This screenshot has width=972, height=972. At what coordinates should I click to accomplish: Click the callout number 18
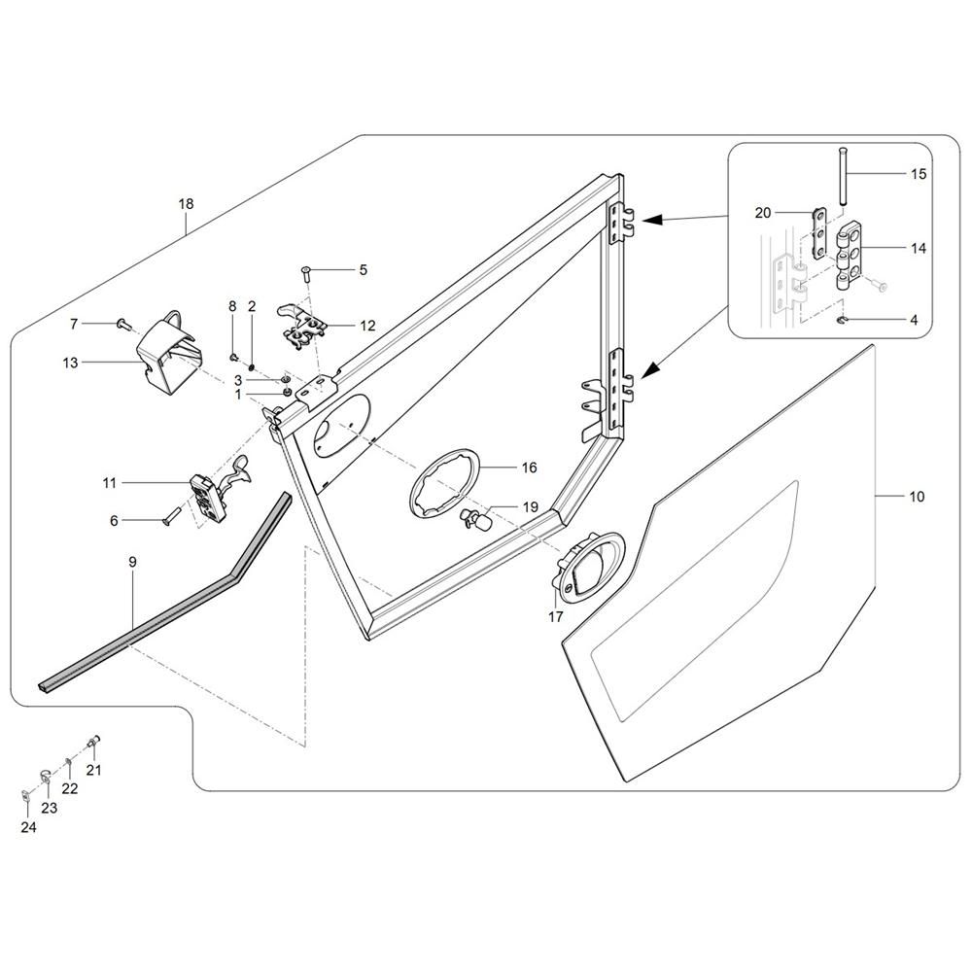[186, 204]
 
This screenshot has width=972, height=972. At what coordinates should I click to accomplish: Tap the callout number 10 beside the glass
[918, 497]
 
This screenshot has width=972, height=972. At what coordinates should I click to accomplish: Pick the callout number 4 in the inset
[913, 319]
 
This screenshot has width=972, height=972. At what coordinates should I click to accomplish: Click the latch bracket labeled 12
[303, 324]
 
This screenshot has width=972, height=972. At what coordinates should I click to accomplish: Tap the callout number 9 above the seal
[132, 563]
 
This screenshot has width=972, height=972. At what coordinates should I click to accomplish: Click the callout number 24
[26, 828]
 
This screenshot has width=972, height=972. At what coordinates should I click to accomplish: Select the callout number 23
[49, 808]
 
